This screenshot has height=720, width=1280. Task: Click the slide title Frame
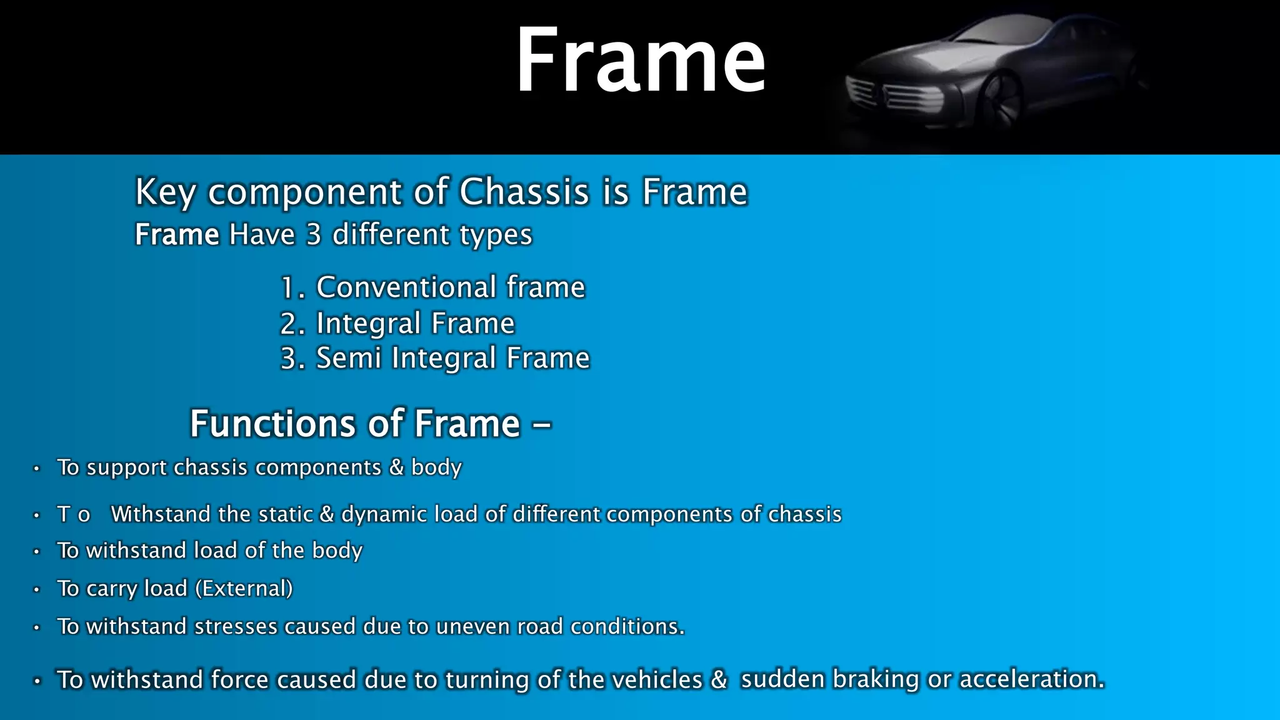click(640, 61)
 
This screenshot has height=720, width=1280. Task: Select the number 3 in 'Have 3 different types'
click(313, 235)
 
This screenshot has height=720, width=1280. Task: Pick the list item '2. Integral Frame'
click(397, 324)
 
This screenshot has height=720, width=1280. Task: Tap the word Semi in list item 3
click(348, 359)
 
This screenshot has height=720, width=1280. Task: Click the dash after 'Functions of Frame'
click(541, 425)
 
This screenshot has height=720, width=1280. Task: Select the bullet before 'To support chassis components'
click(37, 468)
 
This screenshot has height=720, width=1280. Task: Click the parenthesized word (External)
click(244, 589)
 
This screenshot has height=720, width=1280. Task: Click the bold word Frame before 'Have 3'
click(177, 235)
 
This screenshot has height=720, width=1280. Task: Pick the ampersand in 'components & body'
click(396, 467)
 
